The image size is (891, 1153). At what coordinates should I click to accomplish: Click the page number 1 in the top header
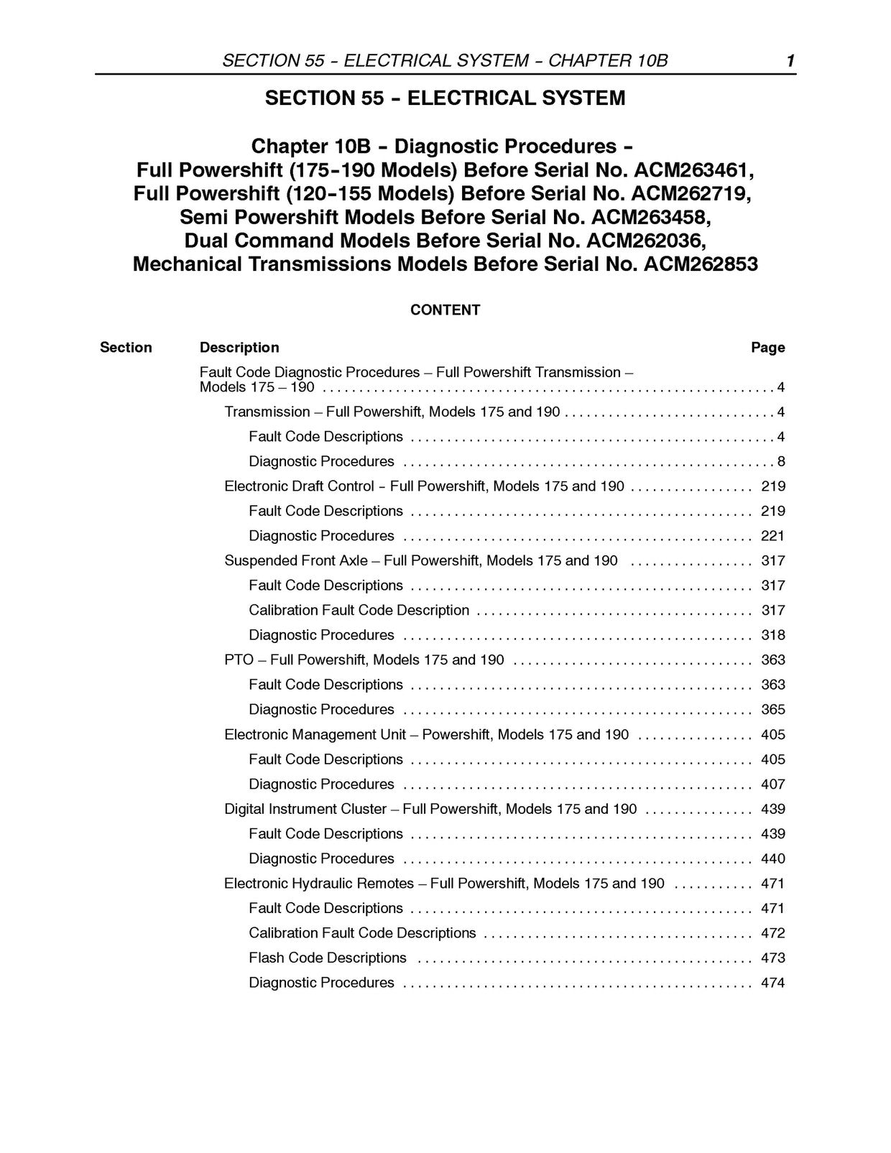pyautogui.click(x=790, y=61)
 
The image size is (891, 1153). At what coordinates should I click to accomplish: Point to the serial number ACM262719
pyautogui.click(x=691, y=195)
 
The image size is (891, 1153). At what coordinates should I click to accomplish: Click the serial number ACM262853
pyautogui.click(x=701, y=264)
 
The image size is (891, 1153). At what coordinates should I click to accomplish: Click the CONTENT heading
pyautogui.click(x=445, y=310)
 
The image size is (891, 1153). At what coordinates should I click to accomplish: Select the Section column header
pyautogui.click(x=126, y=348)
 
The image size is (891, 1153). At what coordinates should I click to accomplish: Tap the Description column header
pyautogui.click(x=239, y=348)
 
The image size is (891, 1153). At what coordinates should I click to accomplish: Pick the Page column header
pyautogui.click(x=767, y=348)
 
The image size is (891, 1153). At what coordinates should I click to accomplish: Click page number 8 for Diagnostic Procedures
pyautogui.click(x=780, y=462)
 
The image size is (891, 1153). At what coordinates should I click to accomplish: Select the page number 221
pyautogui.click(x=773, y=536)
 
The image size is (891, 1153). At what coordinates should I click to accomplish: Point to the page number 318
pyautogui.click(x=773, y=635)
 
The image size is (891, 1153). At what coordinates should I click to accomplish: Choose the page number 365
pyautogui.click(x=773, y=710)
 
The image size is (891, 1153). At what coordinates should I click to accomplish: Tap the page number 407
pyautogui.click(x=773, y=784)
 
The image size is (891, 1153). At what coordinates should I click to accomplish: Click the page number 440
pyautogui.click(x=773, y=859)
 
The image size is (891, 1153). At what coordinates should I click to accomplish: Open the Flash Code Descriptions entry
pyautogui.click(x=328, y=958)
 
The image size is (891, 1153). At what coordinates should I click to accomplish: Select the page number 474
pyautogui.click(x=773, y=983)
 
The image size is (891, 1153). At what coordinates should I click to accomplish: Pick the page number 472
pyautogui.click(x=773, y=933)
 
